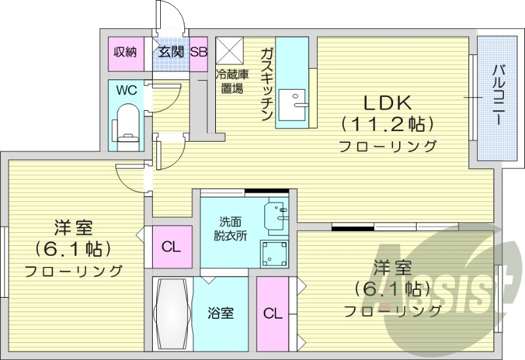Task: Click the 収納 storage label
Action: [125, 52]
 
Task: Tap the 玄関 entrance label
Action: [171, 52]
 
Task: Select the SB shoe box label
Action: [198, 52]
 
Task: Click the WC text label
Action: [127, 91]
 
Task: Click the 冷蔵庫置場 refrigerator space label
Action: [231, 82]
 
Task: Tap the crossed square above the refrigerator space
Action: [230, 50]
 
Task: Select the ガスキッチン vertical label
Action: [266, 84]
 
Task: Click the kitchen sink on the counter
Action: [293, 104]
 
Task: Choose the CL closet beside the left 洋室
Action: [171, 247]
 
